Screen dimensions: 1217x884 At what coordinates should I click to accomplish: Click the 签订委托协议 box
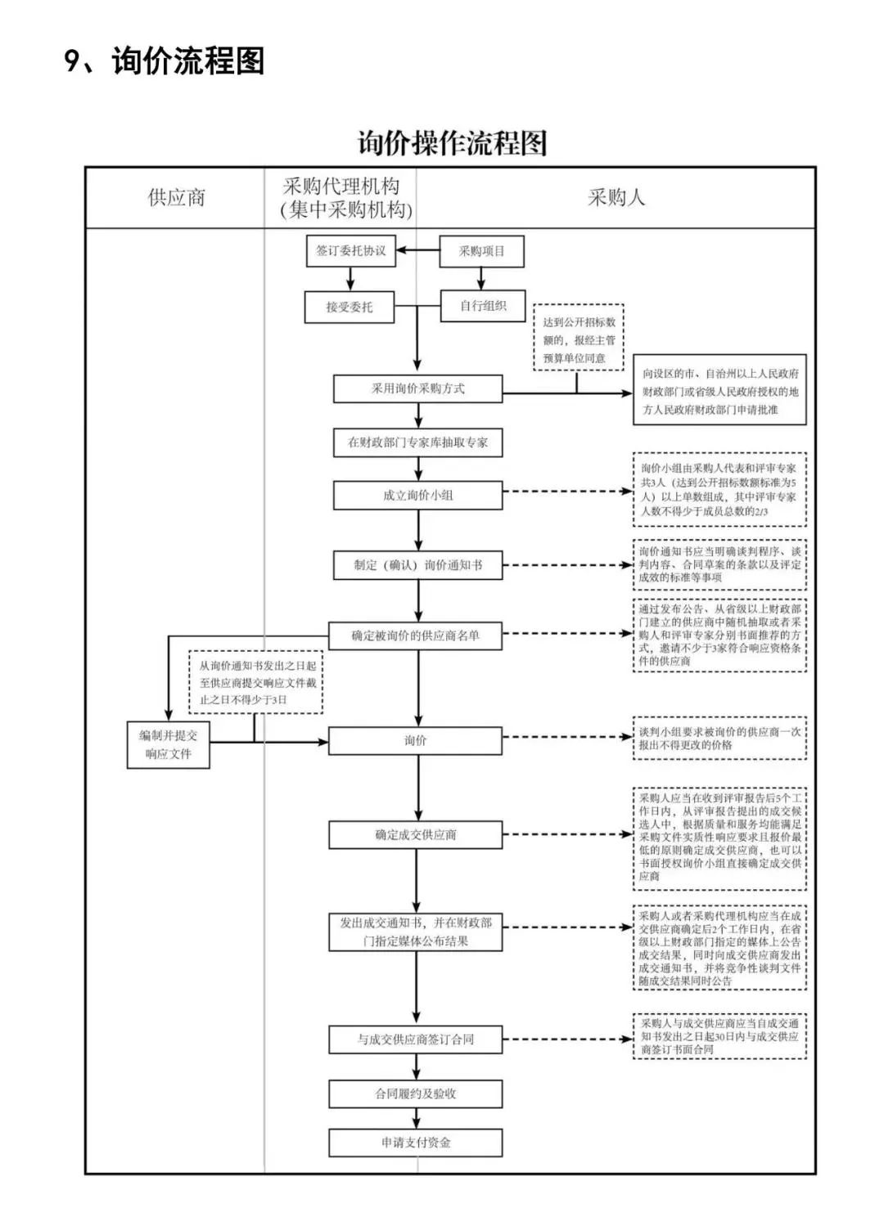pyautogui.click(x=350, y=251)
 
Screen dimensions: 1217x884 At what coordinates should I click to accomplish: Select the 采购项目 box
pyautogui.click(x=481, y=251)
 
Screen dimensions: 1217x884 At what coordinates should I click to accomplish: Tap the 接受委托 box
pyautogui.click(x=350, y=307)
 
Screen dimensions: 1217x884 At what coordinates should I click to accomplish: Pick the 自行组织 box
pyautogui.click(x=483, y=306)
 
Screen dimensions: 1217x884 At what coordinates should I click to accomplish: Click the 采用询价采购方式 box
pyautogui.click(x=417, y=388)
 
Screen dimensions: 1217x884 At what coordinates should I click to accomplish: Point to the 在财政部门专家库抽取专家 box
pyautogui.click(x=417, y=442)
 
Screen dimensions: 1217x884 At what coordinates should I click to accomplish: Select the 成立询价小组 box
pyautogui.click(x=417, y=495)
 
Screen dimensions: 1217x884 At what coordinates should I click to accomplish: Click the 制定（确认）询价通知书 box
pyautogui.click(x=417, y=565)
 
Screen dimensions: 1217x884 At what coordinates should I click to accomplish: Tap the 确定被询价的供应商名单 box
pyautogui.click(x=415, y=635)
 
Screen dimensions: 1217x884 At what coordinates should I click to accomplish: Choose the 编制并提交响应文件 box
pyautogui.click(x=169, y=744)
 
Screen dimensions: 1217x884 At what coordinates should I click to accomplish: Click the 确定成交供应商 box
pyautogui.click(x=415, y=835)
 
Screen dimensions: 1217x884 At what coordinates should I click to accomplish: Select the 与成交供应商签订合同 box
pyautogui.click(x=415, y=1040)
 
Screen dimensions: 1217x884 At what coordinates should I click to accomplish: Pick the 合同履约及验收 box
pyautogui.click(x=415, y=1094)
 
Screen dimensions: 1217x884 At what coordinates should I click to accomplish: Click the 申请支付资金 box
pyautogui.click(x=415, y=1143)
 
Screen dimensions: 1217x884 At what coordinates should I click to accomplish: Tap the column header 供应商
pyautogui.click(x=176, y=197)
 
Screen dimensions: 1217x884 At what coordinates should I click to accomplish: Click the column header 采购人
pyautogui.click(x=616, y=197)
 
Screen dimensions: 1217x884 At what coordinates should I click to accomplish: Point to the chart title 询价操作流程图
pyautogui.click(x=452, y=143)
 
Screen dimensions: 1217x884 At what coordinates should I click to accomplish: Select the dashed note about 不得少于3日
pyautogui.click(x=257, y=683)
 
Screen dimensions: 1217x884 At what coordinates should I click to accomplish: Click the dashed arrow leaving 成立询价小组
pyautogui.click(x=566, y=492)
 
